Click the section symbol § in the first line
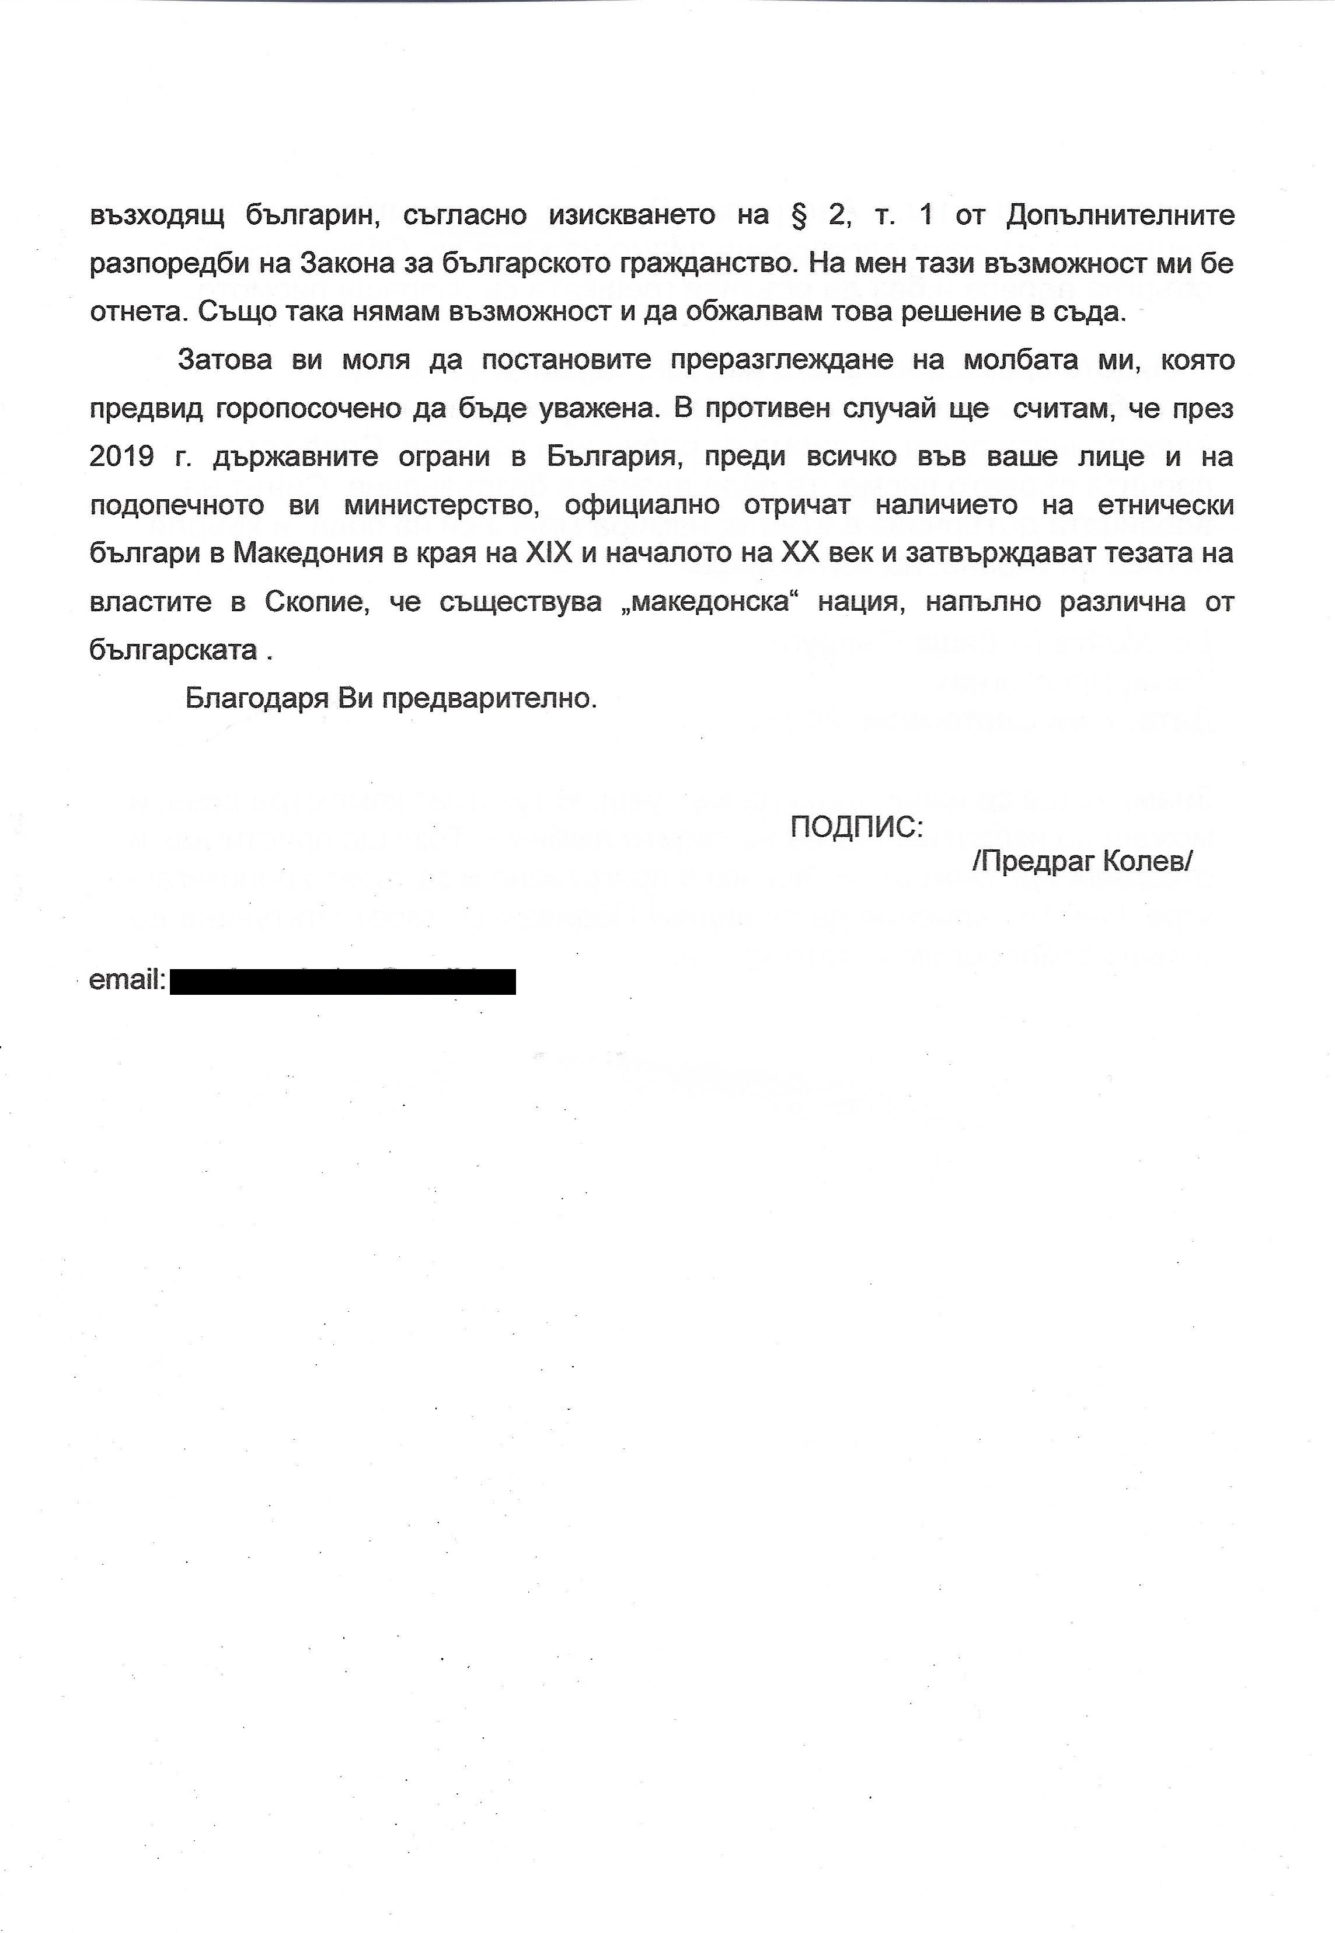point(798,216)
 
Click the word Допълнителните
point(1120,216)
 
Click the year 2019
point(122,458)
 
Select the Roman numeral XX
point(800,553)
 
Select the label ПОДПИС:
point(856,828)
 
